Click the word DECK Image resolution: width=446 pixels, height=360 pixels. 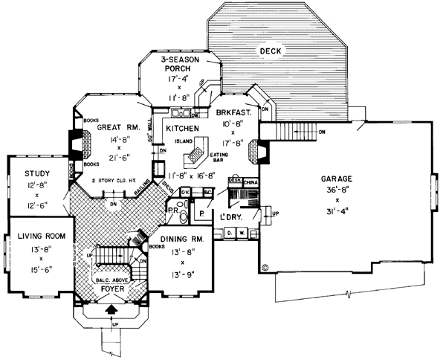click(269, 51)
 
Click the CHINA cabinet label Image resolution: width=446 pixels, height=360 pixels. click(251, 180)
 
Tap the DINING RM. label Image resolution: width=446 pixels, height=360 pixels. click(179, 239)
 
